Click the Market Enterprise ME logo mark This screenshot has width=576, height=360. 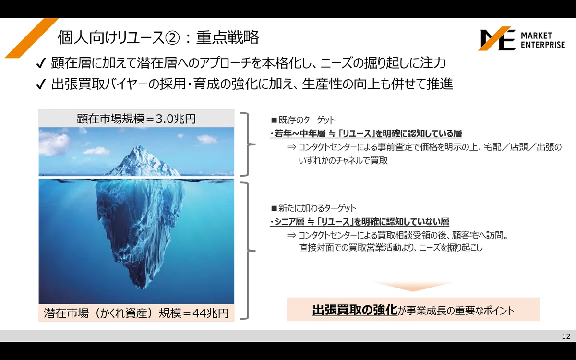pyautogui.click(x=497, y=38)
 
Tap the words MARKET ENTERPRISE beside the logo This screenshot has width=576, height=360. pyautogui.click(x=543, y=40)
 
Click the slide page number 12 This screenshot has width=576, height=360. pyautogui.click(x=566, y=336)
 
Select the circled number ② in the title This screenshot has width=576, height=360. pyautogui.click(x=172, y=38)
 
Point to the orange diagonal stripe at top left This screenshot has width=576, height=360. pyautogui.click(x=31, y=38)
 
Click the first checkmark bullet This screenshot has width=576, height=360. pyautogui.click(x=41, y=63)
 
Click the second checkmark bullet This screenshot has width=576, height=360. pyautogui.click(x=41, y=84)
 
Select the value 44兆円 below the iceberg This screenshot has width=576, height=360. pyautogui.click(x=211, y=313)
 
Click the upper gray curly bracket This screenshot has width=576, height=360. pyautogui.click(x=248, y=144)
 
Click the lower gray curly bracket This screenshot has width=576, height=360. pyautogui.click(x=248, y=251)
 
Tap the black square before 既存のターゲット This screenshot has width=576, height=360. pyautogui.click(x=274, y=120)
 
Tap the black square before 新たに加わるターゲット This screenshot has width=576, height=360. pyautogui.click(x=274, y=208)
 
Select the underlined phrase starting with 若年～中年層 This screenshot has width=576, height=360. pyautogui.click(x=366, y=133)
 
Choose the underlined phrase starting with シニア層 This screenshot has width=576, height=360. pyautogui.click(x=360, y=221)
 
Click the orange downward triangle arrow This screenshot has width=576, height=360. pyautogui.click(x=413, y=286)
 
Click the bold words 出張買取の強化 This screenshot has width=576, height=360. pyautogui.click(x=355, y=310)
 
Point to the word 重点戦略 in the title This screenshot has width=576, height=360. pyautogui.click(x=228, y=37)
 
